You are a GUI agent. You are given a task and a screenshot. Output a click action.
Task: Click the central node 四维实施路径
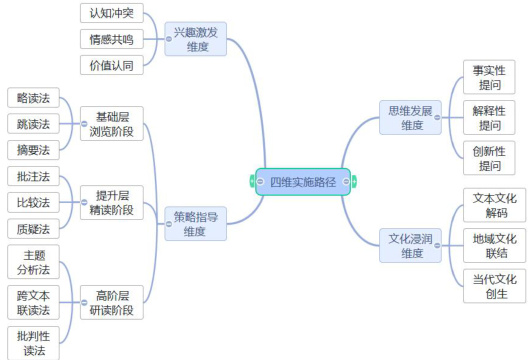[303, 182]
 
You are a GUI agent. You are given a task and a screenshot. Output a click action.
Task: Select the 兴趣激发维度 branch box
[196, 39]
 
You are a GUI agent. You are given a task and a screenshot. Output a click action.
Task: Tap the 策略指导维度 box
[196, 224]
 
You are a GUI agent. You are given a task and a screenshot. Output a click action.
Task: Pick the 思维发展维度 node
[410, 118]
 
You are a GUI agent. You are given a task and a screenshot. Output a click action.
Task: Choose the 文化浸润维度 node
[410, 246]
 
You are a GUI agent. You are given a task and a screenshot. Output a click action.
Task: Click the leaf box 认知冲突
[112, 13]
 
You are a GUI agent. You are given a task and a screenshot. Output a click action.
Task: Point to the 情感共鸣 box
[112, 39]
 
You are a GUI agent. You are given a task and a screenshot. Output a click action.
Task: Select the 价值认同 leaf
[112, 65]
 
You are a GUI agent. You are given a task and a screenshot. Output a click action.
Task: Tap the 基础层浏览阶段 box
[112, 124]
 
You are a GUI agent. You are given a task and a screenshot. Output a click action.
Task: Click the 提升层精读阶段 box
[112, 202]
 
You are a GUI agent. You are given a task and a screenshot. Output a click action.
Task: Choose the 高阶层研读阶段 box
[112, 302]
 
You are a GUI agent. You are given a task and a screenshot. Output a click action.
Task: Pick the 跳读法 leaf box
[33, 124]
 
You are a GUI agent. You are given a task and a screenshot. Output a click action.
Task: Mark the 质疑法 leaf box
[33, 229]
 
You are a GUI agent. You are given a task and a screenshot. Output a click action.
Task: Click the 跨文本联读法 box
[33, 302]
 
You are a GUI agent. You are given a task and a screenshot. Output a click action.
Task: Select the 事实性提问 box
[489, 77]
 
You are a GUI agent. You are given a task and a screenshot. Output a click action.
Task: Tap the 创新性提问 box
[489, 158]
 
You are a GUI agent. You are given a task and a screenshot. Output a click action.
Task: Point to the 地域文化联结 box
[494, 246]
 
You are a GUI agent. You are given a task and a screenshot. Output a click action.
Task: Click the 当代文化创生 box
[494, 286]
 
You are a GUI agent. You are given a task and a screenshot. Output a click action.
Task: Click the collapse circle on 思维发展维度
[437, 118]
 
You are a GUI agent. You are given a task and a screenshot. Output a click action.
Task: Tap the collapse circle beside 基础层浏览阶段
[84, 124]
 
